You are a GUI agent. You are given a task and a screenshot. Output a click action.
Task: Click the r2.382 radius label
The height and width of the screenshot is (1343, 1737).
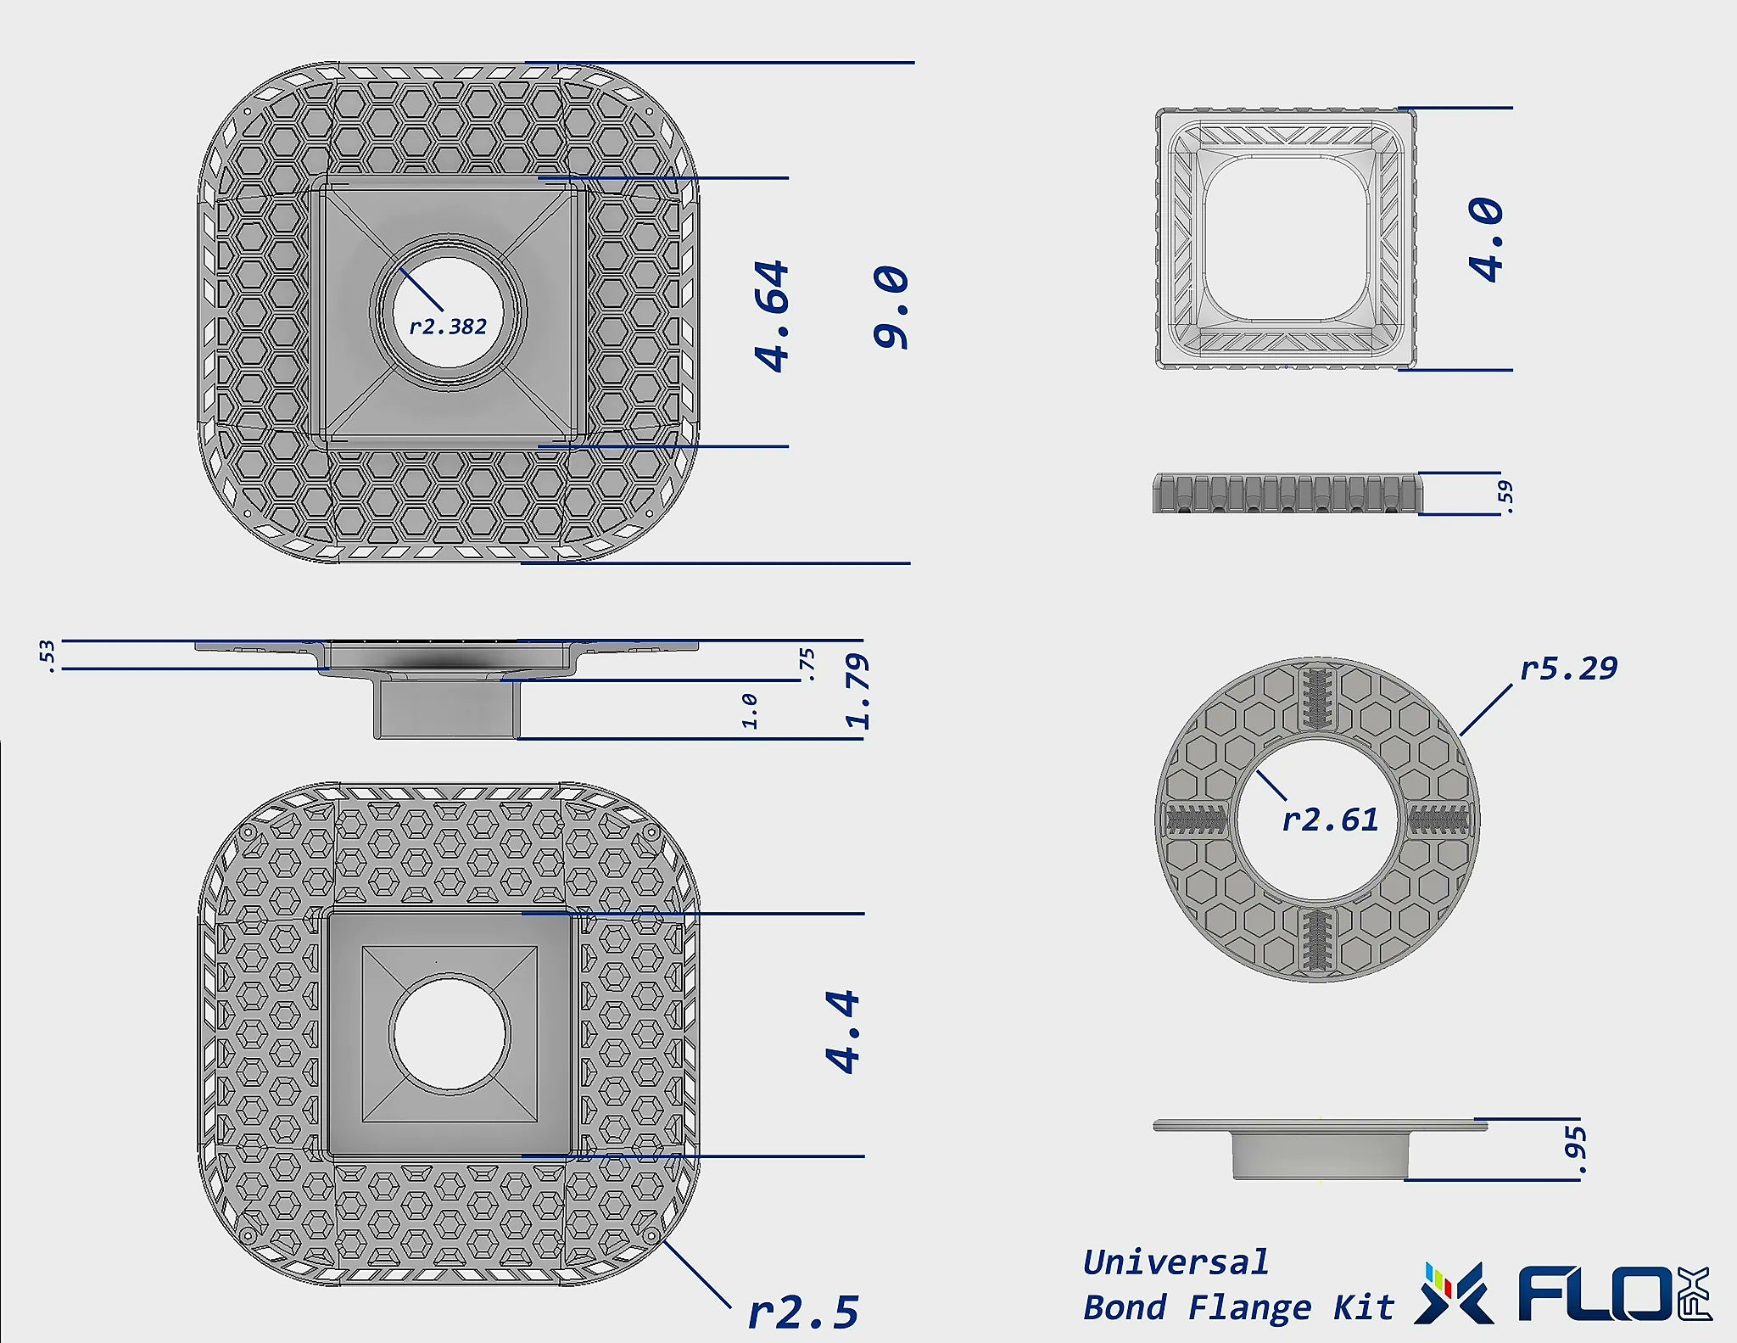coord(448,327)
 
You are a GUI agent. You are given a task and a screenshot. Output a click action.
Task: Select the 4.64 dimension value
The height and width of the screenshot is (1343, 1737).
coord(773,316)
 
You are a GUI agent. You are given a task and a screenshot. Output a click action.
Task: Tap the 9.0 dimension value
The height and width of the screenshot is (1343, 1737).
coord(891,307)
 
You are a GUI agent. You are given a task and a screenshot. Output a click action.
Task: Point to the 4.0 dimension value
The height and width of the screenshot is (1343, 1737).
coord(1487,239)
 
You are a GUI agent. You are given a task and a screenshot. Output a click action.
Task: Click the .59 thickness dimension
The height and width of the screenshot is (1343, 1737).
coord(1505,493)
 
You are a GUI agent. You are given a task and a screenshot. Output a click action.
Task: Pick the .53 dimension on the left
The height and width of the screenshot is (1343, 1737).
coord(47,656)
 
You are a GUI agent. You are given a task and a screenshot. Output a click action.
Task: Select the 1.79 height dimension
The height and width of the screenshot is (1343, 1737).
coord(858,691)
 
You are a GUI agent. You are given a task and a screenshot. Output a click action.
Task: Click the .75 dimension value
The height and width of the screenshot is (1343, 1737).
coord(807,664)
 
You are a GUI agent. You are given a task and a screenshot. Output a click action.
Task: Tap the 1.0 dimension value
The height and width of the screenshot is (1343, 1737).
coord(750,710)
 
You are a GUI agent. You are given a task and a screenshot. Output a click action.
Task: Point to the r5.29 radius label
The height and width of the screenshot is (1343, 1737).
coord(1568,669)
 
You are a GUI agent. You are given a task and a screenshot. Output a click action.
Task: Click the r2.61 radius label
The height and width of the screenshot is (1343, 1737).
coord(1330,820)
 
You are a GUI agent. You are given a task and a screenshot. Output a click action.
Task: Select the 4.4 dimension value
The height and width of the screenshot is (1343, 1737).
coord(843,1032)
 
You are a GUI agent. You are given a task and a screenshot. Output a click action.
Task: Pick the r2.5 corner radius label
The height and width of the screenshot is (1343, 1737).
coord(803,1312)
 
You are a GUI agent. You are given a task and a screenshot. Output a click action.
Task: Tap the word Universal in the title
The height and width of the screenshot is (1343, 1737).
coord(1176,1262)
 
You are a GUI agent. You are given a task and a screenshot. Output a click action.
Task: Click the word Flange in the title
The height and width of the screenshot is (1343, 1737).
coord(1249,1307)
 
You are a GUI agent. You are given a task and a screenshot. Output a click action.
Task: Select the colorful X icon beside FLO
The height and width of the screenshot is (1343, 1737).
coord(1454,1294)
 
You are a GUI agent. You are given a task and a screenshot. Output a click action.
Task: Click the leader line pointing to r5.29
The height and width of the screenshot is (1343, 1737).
coord(1486,710)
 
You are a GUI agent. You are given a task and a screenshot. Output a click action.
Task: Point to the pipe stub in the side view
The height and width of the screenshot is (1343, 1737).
coord(447,708)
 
